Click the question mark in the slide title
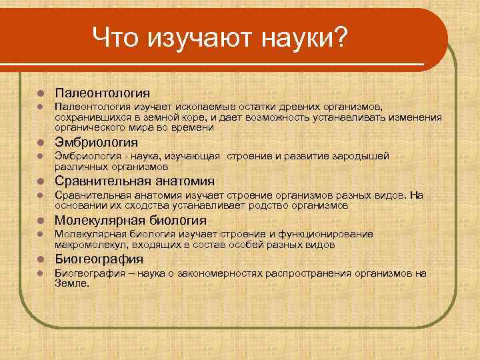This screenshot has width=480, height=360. [339, 37]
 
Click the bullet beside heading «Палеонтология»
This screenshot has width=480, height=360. [41, 93]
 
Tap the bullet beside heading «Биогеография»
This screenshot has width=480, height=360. [41, 259]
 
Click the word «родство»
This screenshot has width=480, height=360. [256, 205]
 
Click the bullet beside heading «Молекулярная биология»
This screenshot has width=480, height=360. [41, 221]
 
